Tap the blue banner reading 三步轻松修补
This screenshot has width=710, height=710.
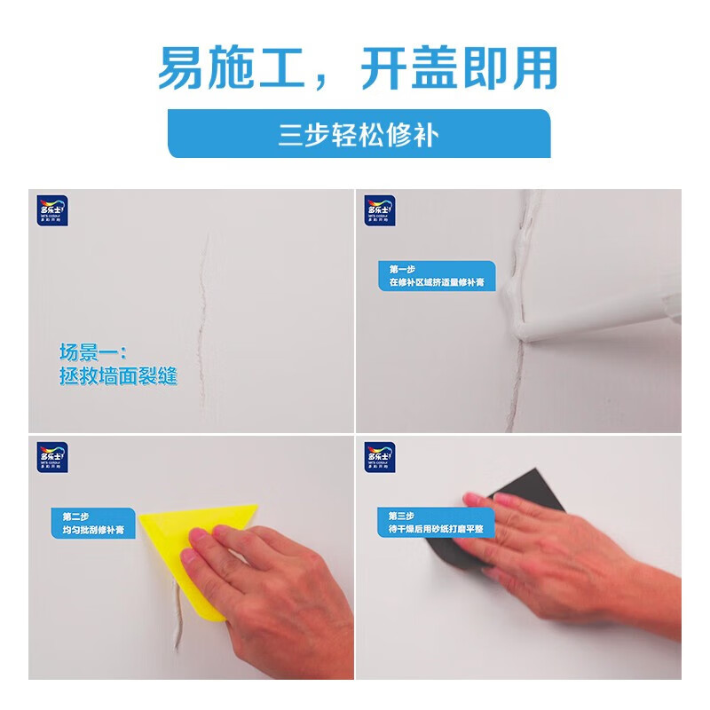(359, 134)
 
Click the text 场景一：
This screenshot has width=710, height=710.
(92, 351)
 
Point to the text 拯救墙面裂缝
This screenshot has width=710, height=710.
(118, 375)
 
